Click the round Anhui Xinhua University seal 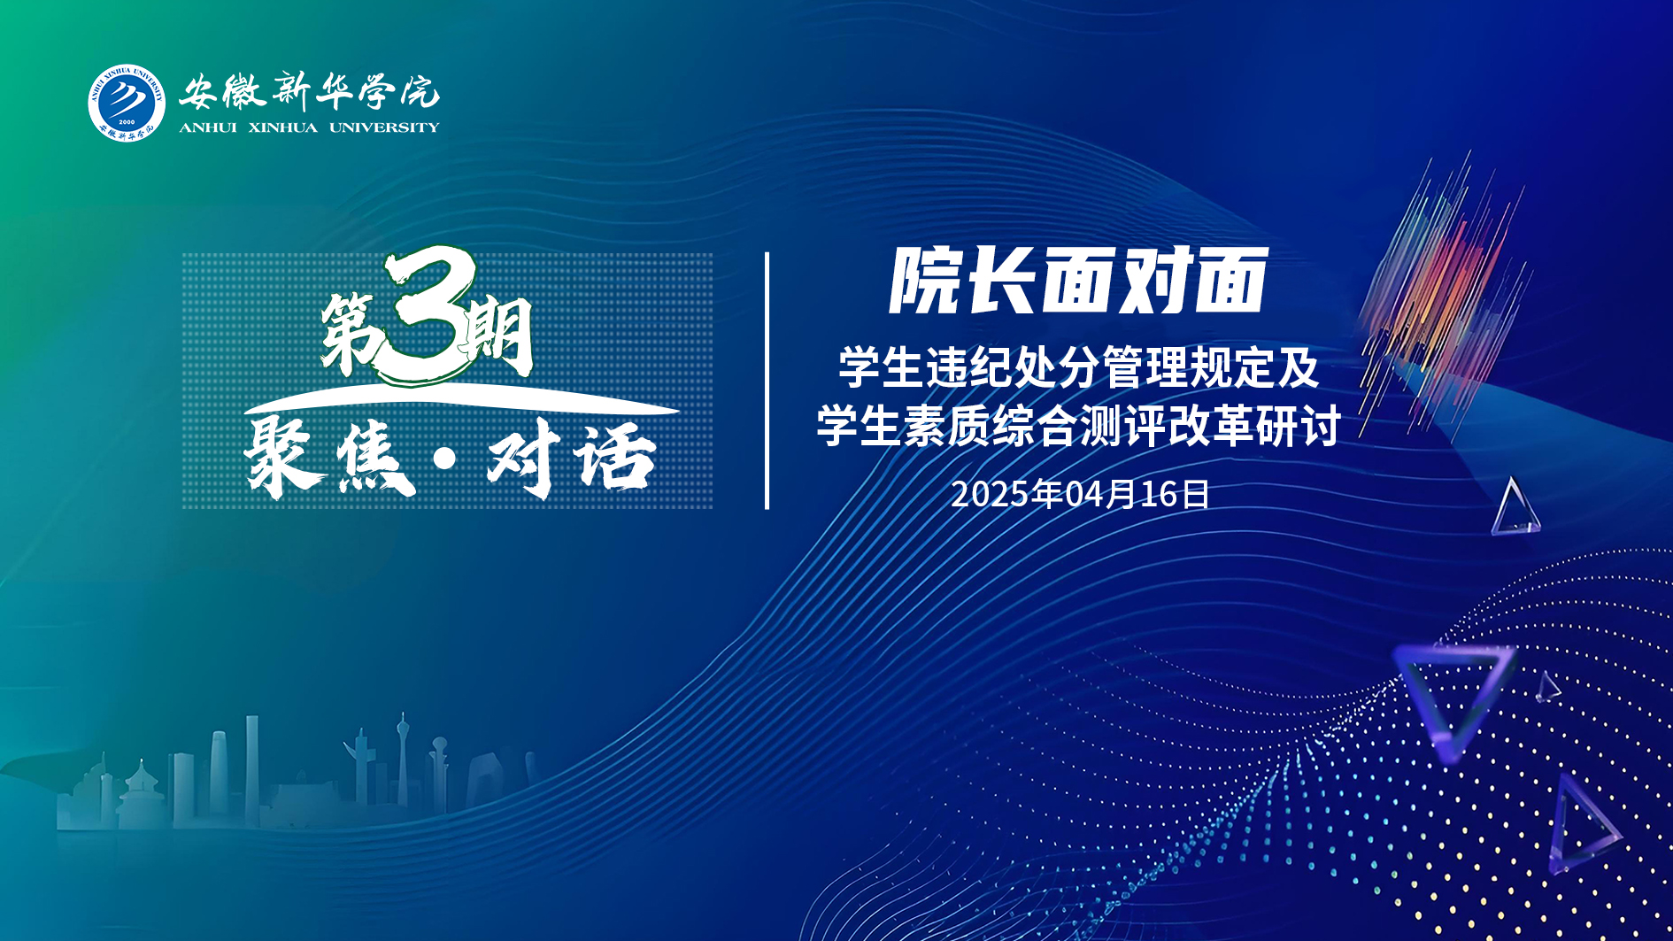(127, 102)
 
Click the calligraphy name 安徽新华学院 (309, 90)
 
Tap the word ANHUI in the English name (208, 127)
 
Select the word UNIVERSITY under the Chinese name (384, 127)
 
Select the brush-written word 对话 (572, 458)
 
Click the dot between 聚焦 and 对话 (446, 458)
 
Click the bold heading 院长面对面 (1078, 281)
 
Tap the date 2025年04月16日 (1080, 494)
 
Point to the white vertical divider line (767, 381)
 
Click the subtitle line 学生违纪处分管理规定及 (1079, 367)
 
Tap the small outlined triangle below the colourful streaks (1515, 507)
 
